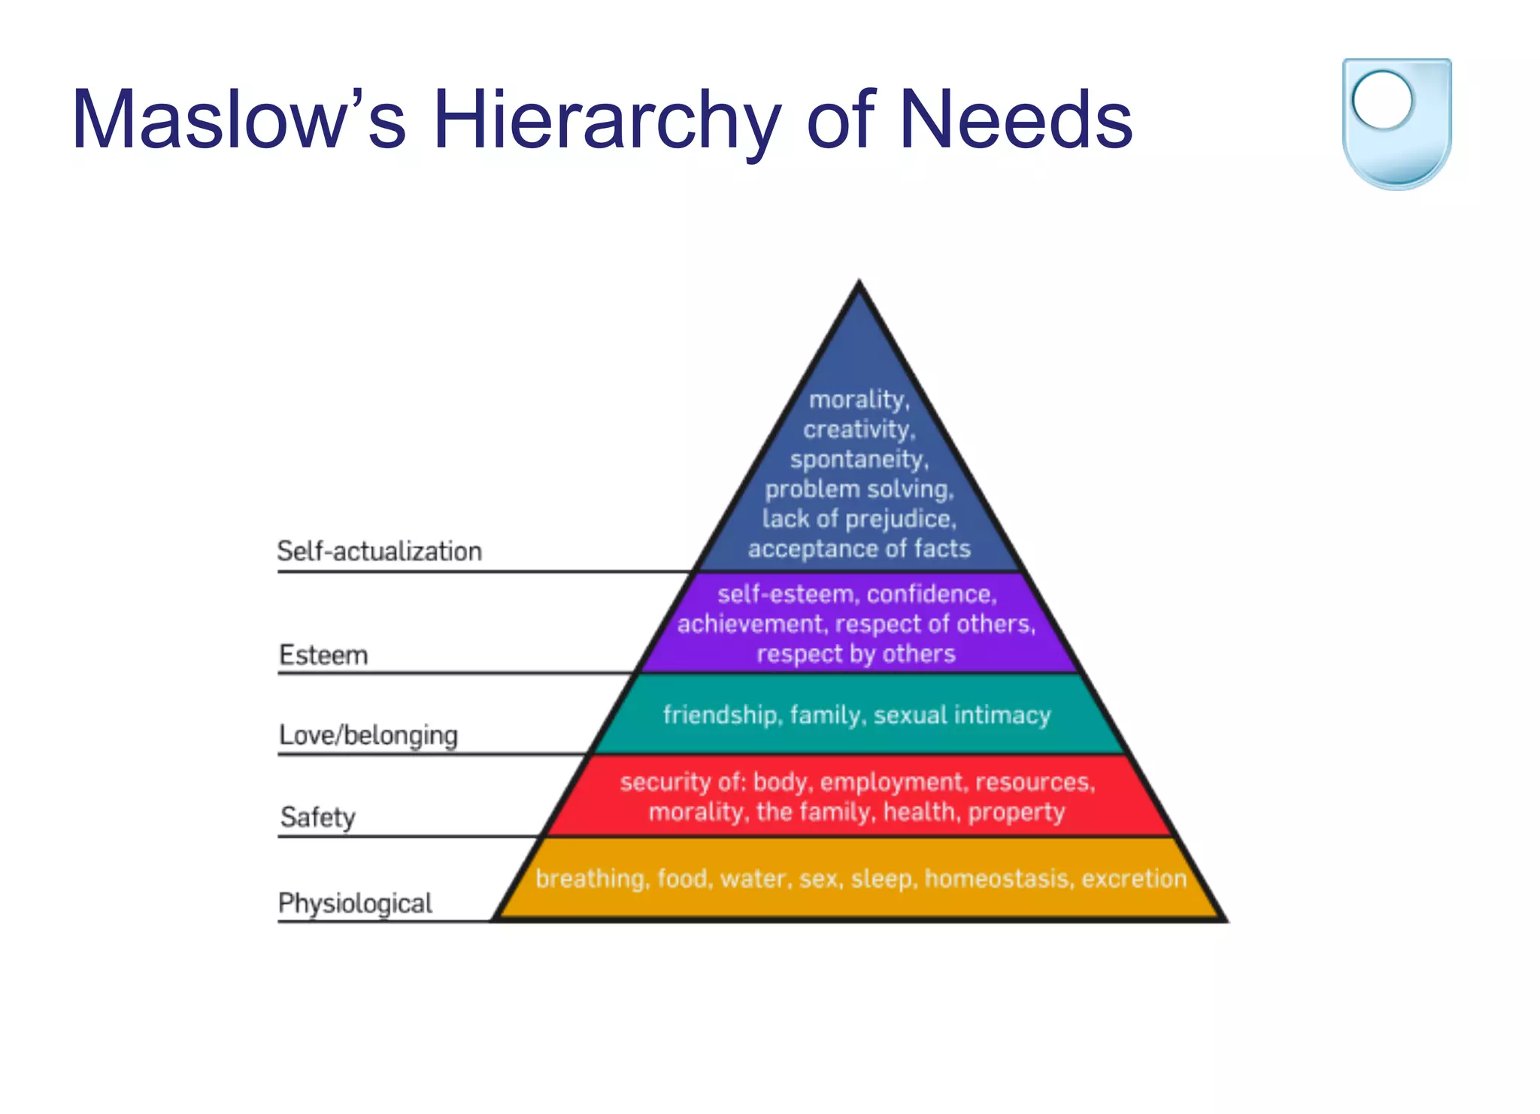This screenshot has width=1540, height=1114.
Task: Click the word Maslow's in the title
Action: point(238,120)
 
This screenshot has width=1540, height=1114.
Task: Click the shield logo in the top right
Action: point(1396,123)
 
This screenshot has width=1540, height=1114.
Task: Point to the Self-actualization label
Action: point(379,551)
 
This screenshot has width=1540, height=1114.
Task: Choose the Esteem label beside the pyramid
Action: point(323,655)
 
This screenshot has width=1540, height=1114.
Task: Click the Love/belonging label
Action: point(368,735)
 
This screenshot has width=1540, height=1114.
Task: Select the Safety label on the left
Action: point(317,817)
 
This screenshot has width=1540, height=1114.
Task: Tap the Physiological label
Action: point(355,903)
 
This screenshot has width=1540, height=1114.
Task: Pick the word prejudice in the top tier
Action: point(899,519)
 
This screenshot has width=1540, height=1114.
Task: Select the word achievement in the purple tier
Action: point(752,624)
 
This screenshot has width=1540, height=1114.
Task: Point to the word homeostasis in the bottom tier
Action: point(997,879)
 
